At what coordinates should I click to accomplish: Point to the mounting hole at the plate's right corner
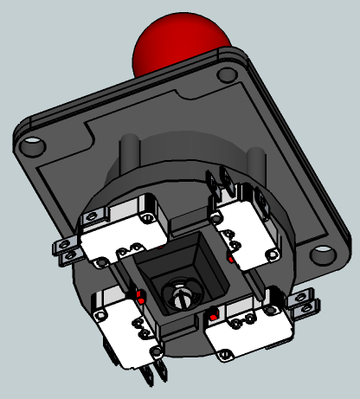320,254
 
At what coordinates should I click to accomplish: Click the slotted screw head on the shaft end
181,295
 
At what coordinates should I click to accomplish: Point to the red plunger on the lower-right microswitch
210,316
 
